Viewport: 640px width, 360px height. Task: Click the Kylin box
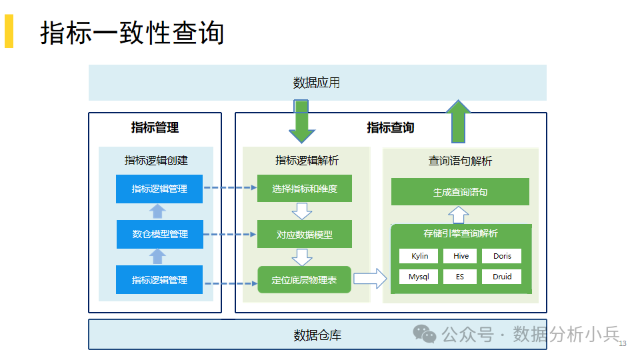pos(419,256)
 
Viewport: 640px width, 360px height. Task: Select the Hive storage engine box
pos(460,256)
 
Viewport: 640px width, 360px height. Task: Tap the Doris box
pos(501,256)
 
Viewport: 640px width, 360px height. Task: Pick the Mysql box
pos(419,276)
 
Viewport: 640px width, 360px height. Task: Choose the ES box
pos(460,276)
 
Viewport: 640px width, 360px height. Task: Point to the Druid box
pos(501,276)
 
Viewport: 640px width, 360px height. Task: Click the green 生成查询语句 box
pos(460,191)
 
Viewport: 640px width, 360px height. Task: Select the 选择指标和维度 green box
pos(305,188)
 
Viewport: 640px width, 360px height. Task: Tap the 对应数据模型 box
pos(305,234)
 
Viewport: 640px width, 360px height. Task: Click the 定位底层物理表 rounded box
pos(305,279)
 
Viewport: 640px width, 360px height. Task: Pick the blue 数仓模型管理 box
pos(160,234)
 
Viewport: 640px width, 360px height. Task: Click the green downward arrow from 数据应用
pos(301,121)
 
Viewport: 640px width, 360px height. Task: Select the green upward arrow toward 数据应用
pos(459,121)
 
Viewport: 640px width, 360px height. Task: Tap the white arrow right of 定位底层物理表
pos(370,279)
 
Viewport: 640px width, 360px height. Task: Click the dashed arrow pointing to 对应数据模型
pos(230,234)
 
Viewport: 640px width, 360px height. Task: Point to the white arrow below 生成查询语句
pos(459,215)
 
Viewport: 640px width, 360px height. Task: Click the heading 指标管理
pos(155,127)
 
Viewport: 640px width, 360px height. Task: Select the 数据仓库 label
pos(317,335)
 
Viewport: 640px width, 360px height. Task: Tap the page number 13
pos(623,344)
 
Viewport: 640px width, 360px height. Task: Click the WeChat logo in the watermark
pos(425,334)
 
